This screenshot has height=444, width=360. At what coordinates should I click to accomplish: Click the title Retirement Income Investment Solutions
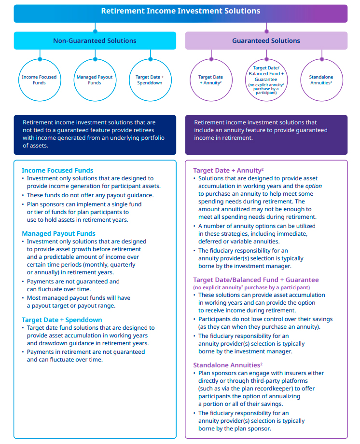pos(180,11)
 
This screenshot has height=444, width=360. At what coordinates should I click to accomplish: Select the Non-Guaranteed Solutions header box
pos(95,41)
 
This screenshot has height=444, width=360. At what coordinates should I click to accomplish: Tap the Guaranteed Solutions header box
pos(266,41)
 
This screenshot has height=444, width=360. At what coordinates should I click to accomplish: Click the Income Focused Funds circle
pos(39,80)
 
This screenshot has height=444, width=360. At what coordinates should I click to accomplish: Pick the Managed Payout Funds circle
pos(95,80)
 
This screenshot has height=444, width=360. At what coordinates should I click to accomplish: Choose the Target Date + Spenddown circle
pos(150,80)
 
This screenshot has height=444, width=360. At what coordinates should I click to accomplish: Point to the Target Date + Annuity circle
pos(210,80)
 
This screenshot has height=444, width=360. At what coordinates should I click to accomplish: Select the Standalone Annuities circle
pos(321,80)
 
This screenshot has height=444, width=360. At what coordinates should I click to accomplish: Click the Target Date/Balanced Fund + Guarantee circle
pos(266,80)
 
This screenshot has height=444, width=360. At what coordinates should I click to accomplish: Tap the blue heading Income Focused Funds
pos(57,170)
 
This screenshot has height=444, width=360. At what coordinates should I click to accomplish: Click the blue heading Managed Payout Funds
pos(58,233)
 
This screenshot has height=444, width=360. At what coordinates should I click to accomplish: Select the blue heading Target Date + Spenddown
pos(62,320)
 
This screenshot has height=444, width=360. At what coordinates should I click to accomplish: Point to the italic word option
pos(314,186)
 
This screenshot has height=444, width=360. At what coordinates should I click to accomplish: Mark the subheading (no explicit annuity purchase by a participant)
pos(251,287)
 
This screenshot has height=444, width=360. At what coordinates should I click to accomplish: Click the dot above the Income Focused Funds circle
pos(40,59)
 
